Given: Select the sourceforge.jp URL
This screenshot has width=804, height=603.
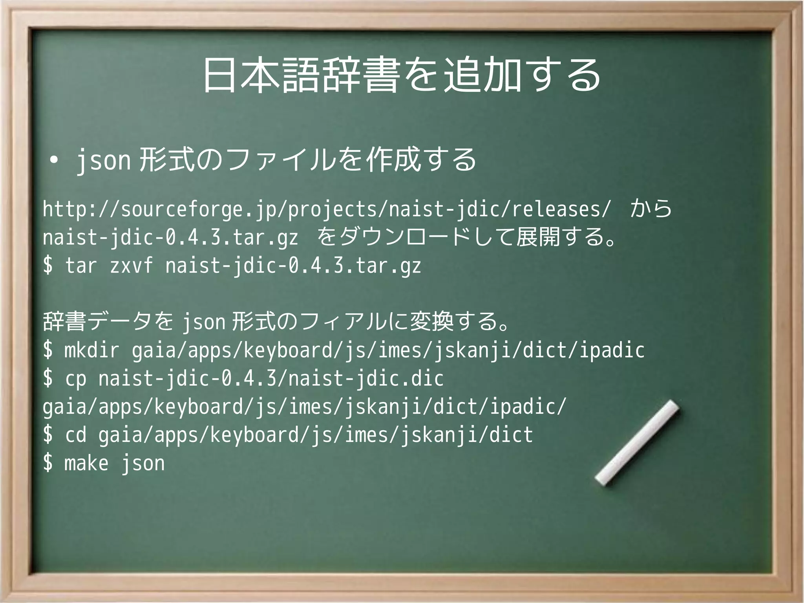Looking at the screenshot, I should [x=327, y=209].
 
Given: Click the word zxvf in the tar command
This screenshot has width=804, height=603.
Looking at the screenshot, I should [x=131, y=266].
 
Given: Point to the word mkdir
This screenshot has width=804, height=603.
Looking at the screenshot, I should [x=91, y=350].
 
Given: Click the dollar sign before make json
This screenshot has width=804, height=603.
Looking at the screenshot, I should [x=48, y=463].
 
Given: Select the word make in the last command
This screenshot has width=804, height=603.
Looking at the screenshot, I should [x=86, y=463].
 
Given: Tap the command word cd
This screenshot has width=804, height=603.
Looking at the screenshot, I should [x=75, y=435].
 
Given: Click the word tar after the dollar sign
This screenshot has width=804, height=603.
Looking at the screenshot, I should [x=80, y=266].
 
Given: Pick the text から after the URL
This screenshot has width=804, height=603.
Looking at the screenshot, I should [x=651, y=209].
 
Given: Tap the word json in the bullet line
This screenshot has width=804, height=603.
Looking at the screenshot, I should [x=103, y=160].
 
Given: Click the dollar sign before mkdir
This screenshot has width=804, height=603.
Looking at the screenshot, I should [x=48, y=350].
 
